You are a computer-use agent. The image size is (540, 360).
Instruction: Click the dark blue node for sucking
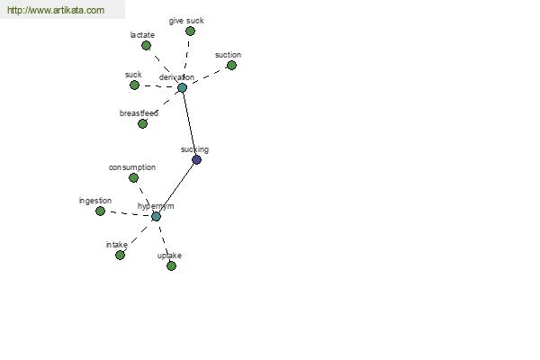(x=196, y=159)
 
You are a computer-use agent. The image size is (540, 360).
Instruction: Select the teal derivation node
(x=182, y=87)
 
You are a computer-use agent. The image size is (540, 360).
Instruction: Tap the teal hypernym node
(x=156, y=217)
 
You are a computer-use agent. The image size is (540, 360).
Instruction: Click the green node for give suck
(x=190, y=31)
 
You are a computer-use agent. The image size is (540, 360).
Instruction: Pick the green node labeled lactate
(x=146, y=45)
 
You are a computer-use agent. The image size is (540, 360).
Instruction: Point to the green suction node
(x=231, y=65)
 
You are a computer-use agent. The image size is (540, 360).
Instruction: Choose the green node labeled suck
(x=134, y=85)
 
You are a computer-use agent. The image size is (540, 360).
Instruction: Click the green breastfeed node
(x=142, y=123)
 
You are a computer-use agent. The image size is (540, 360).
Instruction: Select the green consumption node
(x=133, y=178)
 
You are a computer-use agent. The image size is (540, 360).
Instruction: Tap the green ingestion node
(x=100, y=211)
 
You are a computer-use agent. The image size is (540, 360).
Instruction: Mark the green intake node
(x=120, y=255)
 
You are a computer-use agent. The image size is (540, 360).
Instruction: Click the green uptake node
(x=171, y=265)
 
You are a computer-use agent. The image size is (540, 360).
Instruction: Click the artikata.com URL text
(x=56, y=10)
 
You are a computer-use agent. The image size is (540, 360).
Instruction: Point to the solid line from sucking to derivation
(x=189, y=123)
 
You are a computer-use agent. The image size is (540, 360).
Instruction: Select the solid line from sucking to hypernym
(x=176, y=188)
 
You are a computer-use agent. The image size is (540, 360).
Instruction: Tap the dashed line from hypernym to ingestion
(x=128, y=214)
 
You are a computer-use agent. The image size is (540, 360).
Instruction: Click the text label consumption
(x=132, y=167)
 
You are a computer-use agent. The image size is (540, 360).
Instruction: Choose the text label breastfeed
(x=139, y=113)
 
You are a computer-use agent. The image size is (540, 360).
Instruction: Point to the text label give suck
(x=186, y=21)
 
